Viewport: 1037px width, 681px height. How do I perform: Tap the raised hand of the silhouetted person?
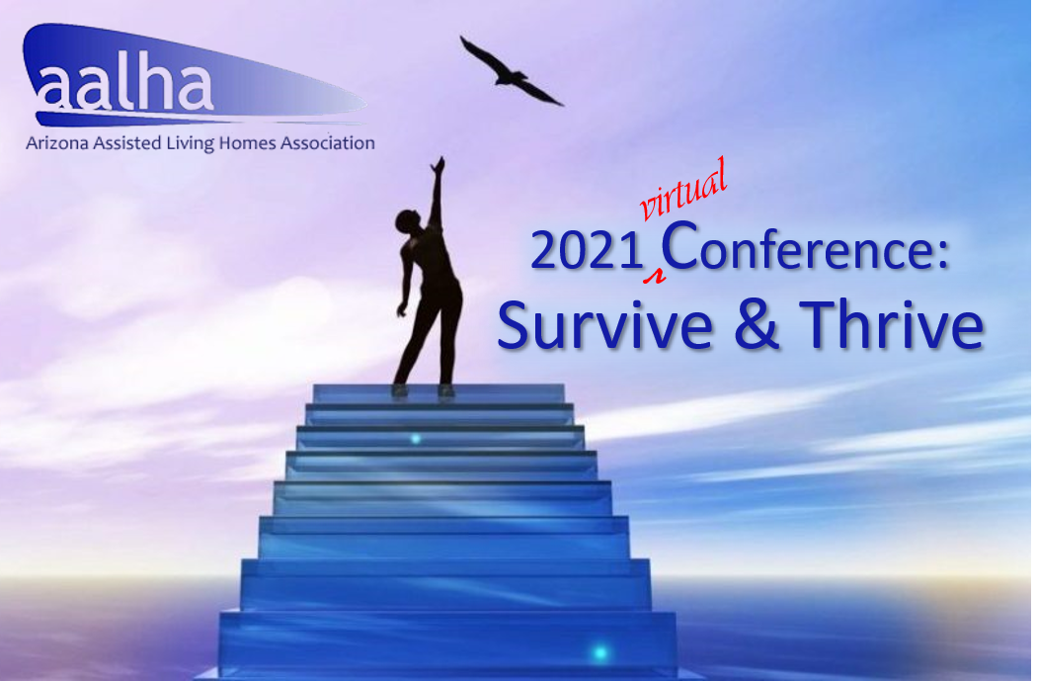(x=438, y=165)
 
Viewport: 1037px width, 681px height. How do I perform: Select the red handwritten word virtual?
(x=683, y=190)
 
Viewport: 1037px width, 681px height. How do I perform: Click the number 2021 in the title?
(x=587, y=251)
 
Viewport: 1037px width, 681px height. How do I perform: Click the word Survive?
(x=604, y=324)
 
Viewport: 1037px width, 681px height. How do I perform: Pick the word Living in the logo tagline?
(x=190, y=144)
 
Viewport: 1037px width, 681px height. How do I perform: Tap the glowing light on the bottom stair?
(x=599, y=652)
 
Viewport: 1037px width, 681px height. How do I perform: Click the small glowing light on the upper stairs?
(x=416, y=438)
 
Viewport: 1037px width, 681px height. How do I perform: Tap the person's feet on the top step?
(x=423, y=390)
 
